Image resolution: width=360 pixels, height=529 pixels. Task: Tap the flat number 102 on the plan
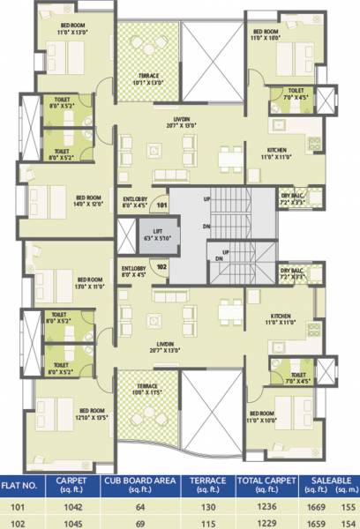click(x=161, y=264)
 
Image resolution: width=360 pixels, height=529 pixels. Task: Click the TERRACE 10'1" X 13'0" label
click(x=148, y=80)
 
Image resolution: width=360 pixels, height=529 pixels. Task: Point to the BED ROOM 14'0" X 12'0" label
click(x=90, y=200)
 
